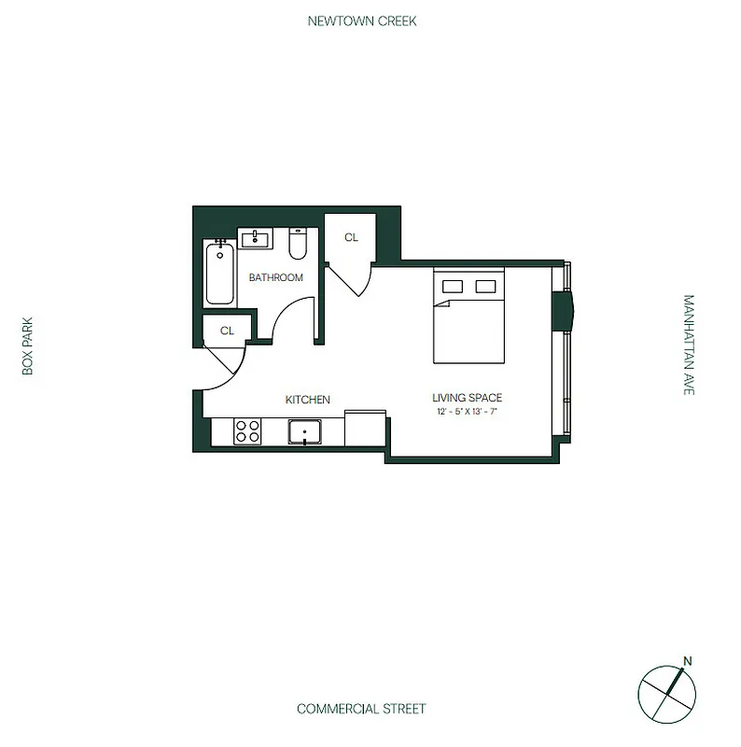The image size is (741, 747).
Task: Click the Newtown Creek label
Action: [362, 21]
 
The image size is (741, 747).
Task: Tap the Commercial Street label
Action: [361, 709]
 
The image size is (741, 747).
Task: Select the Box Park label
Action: [28, 345]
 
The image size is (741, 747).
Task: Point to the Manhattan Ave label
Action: [689, 345]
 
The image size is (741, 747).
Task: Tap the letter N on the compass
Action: [688, 662]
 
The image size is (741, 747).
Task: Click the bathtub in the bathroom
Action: [219, 273]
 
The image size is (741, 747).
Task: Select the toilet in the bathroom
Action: [299, 245]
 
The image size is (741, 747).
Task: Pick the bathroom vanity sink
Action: [256, 240]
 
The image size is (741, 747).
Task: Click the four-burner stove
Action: [247, 431]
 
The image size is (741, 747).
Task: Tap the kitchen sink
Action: [305, 432]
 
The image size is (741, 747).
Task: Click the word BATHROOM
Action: [275, 277]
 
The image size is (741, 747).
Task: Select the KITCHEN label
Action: [307, 400]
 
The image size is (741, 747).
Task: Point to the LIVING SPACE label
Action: [468, 398]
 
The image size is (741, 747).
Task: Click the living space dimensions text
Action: [468, 412]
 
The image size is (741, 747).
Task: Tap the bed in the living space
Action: [468, 317]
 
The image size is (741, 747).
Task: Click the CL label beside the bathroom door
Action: [227, 331]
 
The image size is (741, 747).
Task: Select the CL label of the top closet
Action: [351, 238]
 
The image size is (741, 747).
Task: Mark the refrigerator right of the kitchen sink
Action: [365, 429]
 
